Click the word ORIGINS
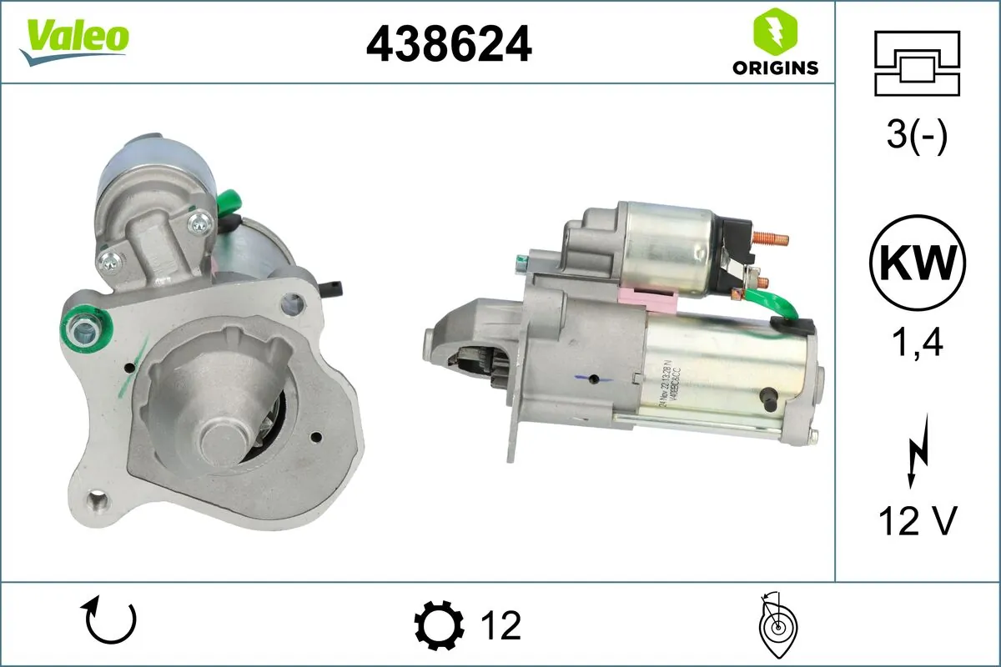(x=775, y=68)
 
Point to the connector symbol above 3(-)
(x=917, y=63)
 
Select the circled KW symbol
(x=917, y=263)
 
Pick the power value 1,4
(x=917, y=342)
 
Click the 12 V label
(x=917, y=521)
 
